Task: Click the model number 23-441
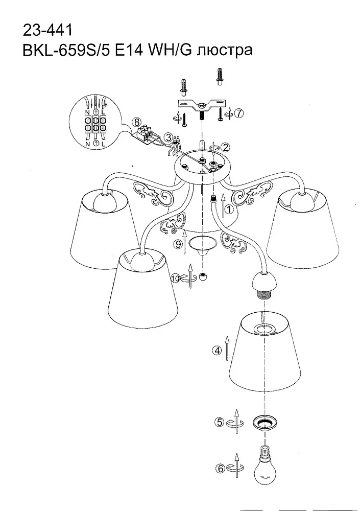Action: coord(47,30)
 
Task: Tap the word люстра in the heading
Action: coord(225,51)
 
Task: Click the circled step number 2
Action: coord(225,147)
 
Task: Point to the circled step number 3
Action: coord(168,137)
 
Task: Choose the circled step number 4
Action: coord(217,351)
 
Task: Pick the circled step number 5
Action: coord(221,423)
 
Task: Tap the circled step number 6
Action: coord(220,469)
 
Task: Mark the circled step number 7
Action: coord(239,113)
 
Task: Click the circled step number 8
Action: coord(136,123)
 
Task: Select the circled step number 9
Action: coord(177,244)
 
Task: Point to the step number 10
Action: coord(176,278)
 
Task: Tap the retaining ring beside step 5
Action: coord(265,423)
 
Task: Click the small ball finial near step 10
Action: coord(204,277)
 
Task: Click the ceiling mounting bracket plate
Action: coord(202,105)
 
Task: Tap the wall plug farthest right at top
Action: coord(221,77)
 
